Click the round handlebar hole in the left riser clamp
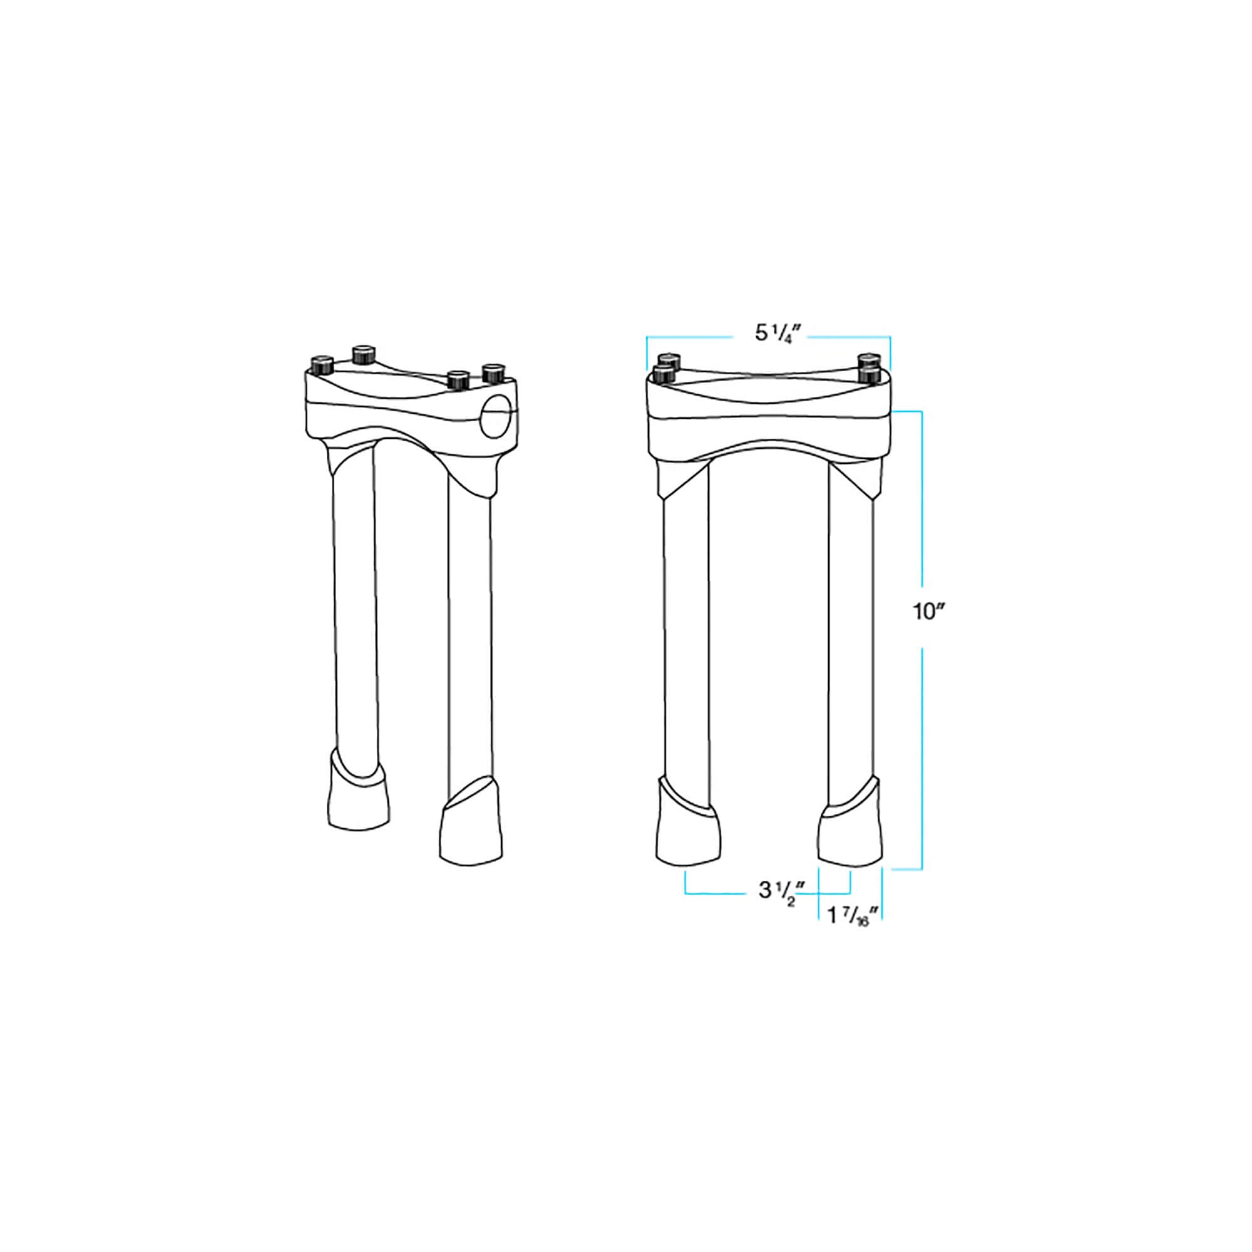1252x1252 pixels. (497, 416)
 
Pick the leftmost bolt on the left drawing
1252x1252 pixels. (321, 366)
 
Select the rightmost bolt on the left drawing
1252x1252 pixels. (493, 373)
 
